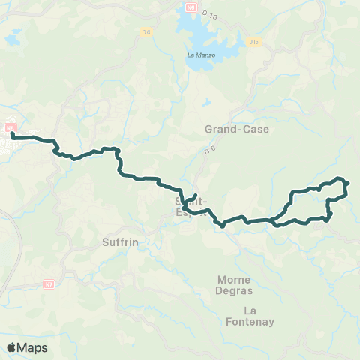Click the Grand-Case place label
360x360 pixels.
tap(237, 129)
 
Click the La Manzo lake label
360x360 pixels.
tap(201, 55)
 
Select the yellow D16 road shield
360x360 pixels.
tap(253, 43)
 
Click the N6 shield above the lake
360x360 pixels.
tap(190, 7)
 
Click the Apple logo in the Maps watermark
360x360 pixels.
tap(11, 347)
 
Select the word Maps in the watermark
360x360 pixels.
tap(32, 347)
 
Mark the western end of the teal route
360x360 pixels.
tap(13, 135)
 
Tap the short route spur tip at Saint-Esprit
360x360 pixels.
tap(195, 196)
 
